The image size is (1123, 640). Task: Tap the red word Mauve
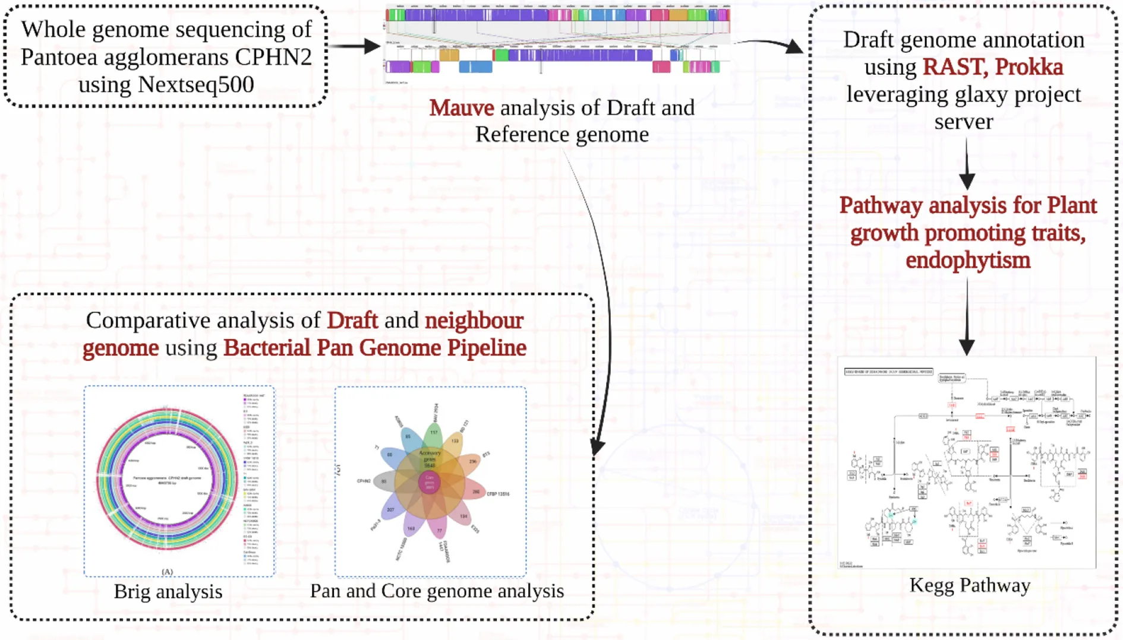coord(462,108)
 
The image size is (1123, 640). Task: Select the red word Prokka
coord(1028,67)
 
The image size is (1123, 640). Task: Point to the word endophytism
coord(968,260)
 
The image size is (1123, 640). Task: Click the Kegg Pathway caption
coord(970,585)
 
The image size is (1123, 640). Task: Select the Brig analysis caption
coord(168,591)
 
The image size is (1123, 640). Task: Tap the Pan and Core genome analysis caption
coord(437,591)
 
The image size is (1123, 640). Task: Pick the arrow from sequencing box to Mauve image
coord(355,46)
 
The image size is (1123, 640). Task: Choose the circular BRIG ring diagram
coord(167,478)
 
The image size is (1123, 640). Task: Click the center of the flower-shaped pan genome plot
coord(430,481)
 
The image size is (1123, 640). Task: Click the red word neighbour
coord(474,321)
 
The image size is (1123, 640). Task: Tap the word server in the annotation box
coord(963,122)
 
